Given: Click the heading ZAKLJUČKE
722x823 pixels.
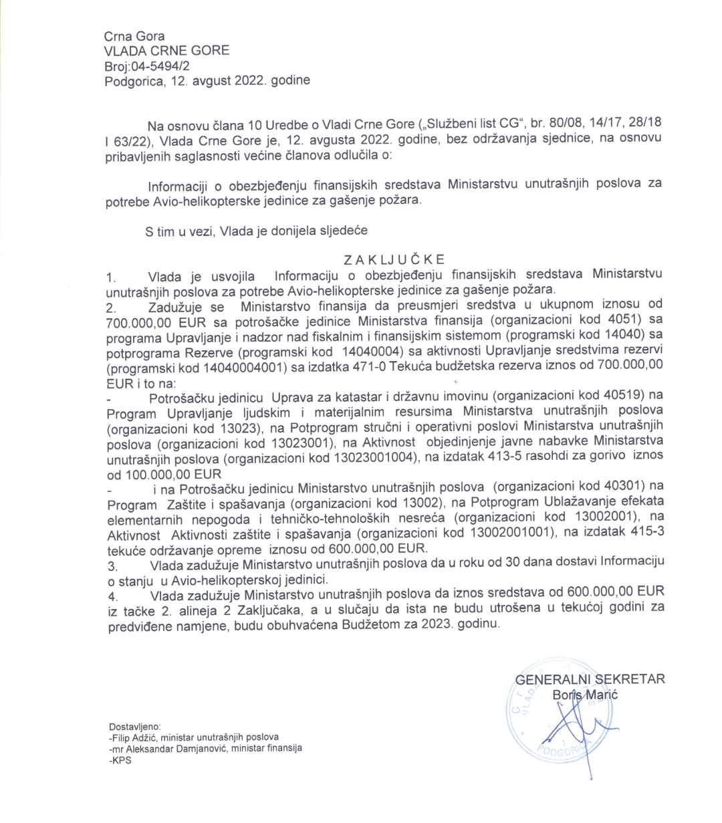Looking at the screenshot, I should tap(384, 259).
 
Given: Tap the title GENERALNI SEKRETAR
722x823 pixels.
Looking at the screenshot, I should tap(590, 679).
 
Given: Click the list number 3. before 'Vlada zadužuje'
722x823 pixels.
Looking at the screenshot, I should tap(112, 566).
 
